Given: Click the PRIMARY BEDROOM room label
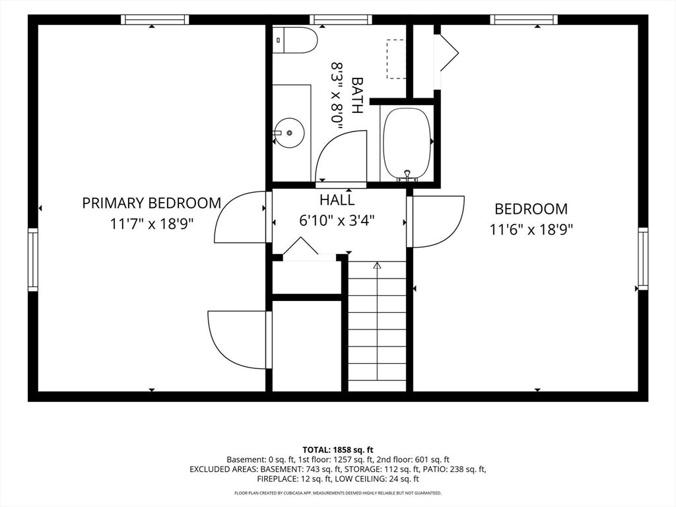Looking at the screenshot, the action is point(151,203).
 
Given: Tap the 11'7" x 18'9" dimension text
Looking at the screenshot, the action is point(151,224).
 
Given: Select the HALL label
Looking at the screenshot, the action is point(337,200).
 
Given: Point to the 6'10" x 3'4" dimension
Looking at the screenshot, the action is point(337,220).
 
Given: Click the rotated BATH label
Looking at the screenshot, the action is point(357,95).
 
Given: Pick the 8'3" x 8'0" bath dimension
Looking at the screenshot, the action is point(337,96).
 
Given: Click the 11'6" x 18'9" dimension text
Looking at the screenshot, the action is point(531,229).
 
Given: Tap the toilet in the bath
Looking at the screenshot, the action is point(295,40).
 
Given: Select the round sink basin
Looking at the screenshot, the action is point(289,133).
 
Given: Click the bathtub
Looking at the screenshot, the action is point(407,143).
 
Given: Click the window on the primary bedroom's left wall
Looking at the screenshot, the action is point(33,259).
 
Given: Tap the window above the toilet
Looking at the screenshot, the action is point(341,19).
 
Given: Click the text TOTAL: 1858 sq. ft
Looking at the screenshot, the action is point(338,450).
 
